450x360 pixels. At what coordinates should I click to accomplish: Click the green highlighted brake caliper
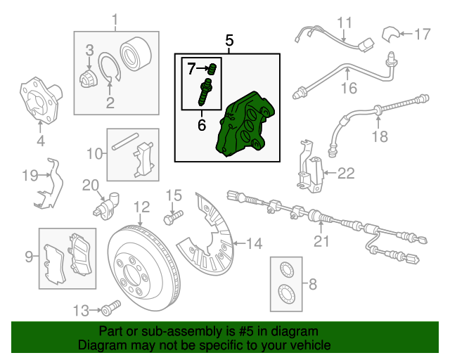pyautogui.click(x=245, y=124)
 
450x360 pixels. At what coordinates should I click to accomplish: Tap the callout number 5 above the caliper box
pyautogui.click(x=229, y=41)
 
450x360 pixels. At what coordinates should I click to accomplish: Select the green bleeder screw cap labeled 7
pyautogui.click(x=212, y=69)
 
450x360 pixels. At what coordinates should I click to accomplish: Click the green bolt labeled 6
pyautogui.click(x=205, y=92)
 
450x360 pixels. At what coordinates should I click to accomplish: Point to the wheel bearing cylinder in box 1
pyautogui.click(x=136, y=53)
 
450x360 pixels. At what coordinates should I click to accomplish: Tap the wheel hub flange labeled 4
pyautogui.click(x=41, y=101)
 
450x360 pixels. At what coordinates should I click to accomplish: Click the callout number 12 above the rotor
pyautogui.click(x=142, y=207)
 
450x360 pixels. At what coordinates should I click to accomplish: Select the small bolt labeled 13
pyautogui.click(x=110, y=308)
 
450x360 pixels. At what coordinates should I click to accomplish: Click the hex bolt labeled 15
pyautogui.click(x=173, y=217)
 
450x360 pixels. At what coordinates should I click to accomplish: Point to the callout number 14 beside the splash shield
pyautogui.click(x=255, y=243)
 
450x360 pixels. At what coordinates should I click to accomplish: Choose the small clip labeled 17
pyautogui.click(x=390, y=34)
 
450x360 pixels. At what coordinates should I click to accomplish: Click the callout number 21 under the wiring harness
pyautogui.click(x=321, y=241)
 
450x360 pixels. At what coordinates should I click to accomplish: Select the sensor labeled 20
pyautogui.click(x=106, y=206)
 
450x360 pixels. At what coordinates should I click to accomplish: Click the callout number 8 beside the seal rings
pyautogui.click(x=312, y=284)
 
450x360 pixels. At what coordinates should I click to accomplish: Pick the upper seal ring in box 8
pyautogui.click(x=287, y=270)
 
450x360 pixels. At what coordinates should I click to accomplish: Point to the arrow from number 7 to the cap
pyautogui.click(x=203, y=68)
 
